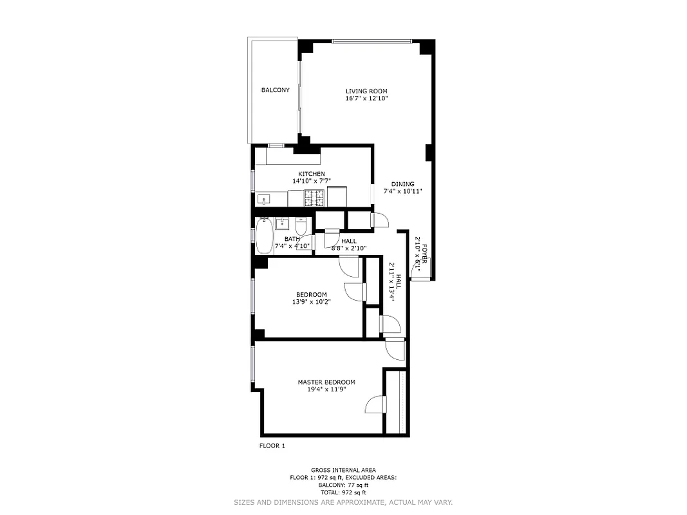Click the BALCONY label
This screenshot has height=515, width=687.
tap(275, 90)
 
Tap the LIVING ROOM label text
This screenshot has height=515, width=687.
tap(366, 91)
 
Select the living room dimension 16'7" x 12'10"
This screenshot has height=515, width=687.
tap(366, 98)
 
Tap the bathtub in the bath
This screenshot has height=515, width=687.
tap(264, 236)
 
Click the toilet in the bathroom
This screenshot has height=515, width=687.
tap(301, 227)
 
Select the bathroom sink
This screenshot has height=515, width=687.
tap(282, 224)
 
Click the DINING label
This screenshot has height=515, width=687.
tap(402, 184)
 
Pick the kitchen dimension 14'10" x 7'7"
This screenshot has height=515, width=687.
tap(311, 181)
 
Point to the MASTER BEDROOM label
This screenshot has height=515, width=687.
tap(326, 382)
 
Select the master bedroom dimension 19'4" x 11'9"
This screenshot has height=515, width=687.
tap(326, 389)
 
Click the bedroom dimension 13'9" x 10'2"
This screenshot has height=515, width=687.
tap(312, 301)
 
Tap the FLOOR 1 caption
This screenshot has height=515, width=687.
tap(272, 445)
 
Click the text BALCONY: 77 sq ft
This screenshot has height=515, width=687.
tap(343, 484)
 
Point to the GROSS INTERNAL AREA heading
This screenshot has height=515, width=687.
tap(343, 470)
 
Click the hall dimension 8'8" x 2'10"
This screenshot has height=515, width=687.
tap(348, 248)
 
